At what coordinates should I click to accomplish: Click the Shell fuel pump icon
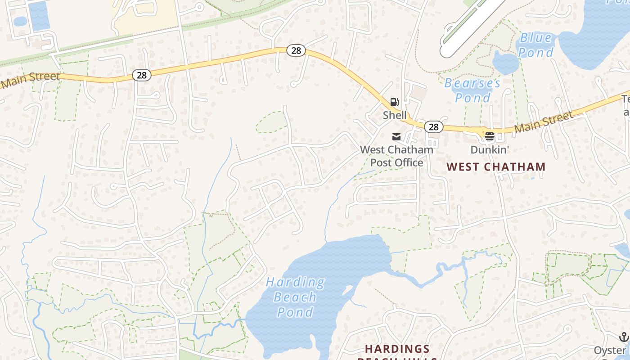(x=394, y=102)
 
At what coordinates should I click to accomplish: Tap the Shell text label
(x=395, y=115)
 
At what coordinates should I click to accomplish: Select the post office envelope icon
(x=396, y=137)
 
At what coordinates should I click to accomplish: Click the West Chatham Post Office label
(x=396, y=156)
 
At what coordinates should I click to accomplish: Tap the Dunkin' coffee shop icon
(x=490, y=135)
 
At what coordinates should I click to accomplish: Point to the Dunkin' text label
(x=490, y=149)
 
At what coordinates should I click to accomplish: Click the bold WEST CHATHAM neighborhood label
(x=496, y=167)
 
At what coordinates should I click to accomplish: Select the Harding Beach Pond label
(x=295, y=297)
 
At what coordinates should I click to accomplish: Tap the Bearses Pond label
(x=472, y=90)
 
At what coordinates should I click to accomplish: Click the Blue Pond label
(x=535, y=45)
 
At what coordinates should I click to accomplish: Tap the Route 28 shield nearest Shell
(x=433, y=127)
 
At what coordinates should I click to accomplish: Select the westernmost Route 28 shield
(x=141, y=75)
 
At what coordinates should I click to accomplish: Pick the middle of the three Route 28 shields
(x=296, y=50)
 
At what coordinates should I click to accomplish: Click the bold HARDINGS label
(x=397, y=349)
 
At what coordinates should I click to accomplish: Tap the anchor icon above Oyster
(x=624, y=337)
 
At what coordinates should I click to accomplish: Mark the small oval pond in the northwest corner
(x=20, y=21)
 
